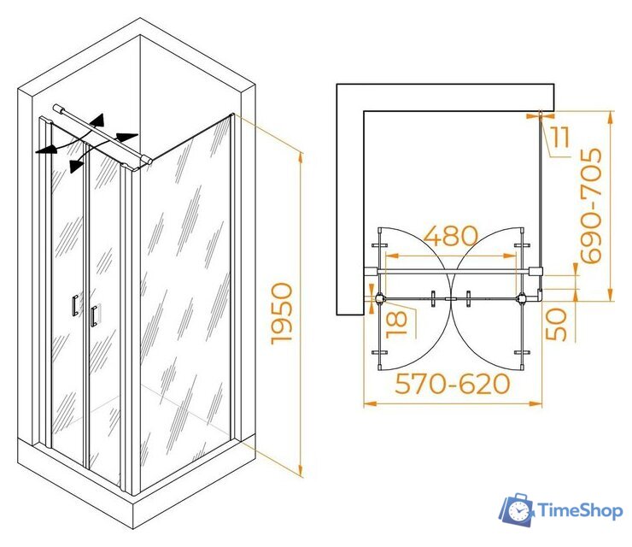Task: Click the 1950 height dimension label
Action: pyautogui.click(x=282, y=314)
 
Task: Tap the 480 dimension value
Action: pyautogui.click(x=451, y=236)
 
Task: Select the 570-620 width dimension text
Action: pyautogui.click(x=453, y=384)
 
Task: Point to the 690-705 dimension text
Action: pyautogui.click(x=591, y=206)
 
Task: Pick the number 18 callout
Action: pyautogui.click(x=397, y=324)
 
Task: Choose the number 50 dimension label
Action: pyautogui.click(x=557, y=324)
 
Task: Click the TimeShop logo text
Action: pyautogui.click(x=581, y=511)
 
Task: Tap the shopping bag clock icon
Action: pyautogui.click(x=518, y=510)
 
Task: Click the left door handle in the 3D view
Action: pyautogui.click(x=75, y=305)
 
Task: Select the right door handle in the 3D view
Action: pyautogui.click(x=94, y=316)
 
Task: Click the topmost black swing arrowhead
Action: pyautogui.click(x=98, y=120)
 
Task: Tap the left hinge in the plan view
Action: pyautogui.click(x=380, y=299)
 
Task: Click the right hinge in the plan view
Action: pyautogui.click(x=523, y=298)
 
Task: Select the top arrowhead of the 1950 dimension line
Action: pyautogui.click(x=301, y=158)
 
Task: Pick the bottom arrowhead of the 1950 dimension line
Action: pyautogui.click(x=300, y=470)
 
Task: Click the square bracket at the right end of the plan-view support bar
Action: pyautogui.click(x=535, y=271)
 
